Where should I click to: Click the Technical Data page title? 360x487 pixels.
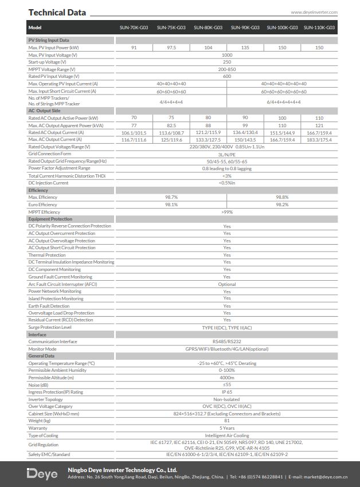[57, 12]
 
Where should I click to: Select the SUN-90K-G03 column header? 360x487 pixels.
[245, 28]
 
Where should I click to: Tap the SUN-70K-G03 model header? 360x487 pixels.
[134, 28]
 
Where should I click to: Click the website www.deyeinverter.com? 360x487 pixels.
[314, 11]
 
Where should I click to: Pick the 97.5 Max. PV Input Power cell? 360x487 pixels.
[171, 48]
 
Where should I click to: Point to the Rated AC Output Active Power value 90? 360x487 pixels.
[245, 118]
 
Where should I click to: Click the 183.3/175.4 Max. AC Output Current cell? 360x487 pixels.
[319, 140]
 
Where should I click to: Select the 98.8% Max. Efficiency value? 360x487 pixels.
[282, 197]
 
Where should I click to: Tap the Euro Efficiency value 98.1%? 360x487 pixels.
[171, 205]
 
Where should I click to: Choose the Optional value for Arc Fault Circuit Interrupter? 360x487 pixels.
[227, 284]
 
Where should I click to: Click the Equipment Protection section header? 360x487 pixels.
[50, 219]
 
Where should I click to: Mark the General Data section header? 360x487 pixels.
[41, 356]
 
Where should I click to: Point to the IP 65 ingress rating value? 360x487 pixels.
[227, 392]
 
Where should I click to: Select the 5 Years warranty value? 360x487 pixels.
[227, 428]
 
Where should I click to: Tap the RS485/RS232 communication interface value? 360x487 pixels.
[227, 341]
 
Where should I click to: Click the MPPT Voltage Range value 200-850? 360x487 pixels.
[227, 69]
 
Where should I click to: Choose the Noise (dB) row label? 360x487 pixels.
[38, 384]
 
